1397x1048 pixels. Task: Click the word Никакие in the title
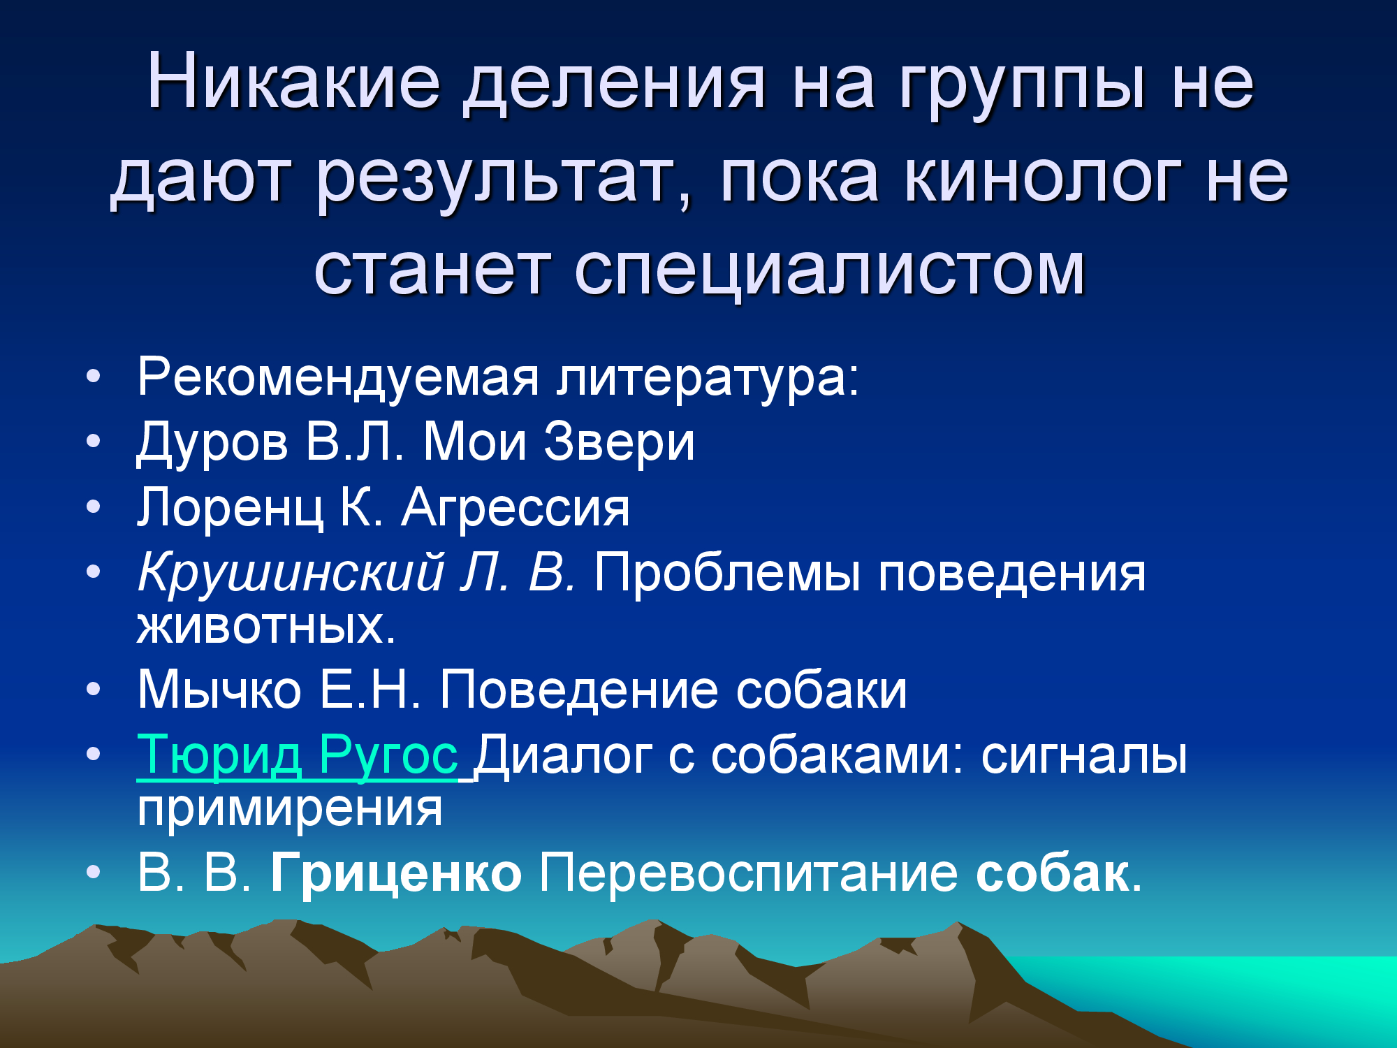(293, 82)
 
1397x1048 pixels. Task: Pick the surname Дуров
(212, 443)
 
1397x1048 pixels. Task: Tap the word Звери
(619, 442)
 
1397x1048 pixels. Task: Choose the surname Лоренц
(230, 508)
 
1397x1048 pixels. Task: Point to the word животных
(266, 626)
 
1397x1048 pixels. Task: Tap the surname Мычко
(219, 690)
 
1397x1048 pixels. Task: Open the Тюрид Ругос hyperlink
(298, 755)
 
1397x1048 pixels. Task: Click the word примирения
(290, 810)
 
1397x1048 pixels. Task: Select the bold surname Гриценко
(396, 873)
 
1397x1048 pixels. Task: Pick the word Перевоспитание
(748, 873)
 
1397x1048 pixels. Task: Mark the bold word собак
(1052, 873)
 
